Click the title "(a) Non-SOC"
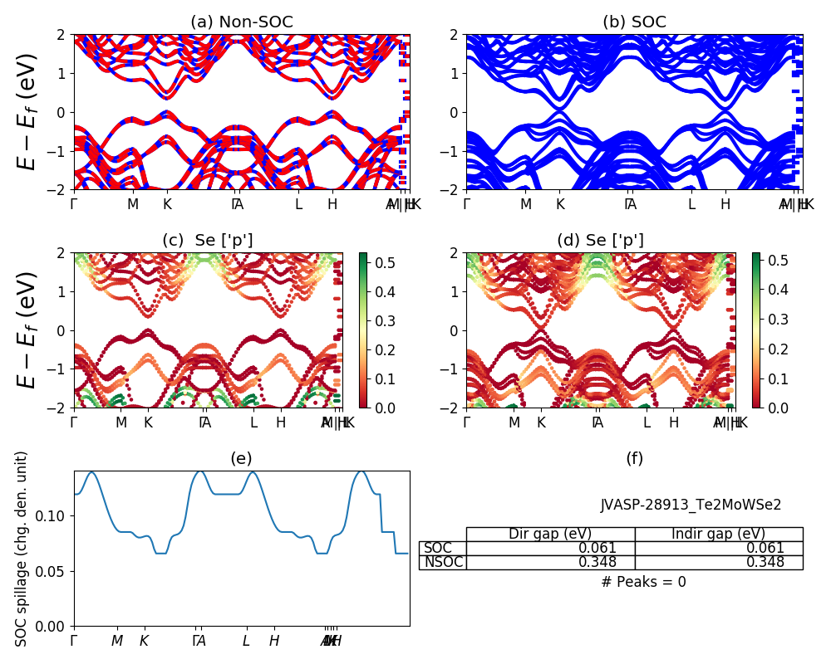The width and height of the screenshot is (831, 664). tap(241, 22)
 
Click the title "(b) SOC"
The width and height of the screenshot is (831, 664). tap(634, 22)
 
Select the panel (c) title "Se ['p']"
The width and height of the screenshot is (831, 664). tap(208, 241)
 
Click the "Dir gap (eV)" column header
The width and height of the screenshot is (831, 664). tap(550, 534)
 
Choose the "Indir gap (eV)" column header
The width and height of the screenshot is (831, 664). tap(718, 534)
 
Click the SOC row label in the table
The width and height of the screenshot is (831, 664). tap(438, 548)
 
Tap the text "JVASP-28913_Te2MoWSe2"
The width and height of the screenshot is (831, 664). tap(691, 505)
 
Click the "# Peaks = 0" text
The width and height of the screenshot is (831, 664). tap(643, 582)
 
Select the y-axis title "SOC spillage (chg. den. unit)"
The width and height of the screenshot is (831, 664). tap(22, 549)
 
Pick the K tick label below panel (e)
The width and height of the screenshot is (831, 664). tap(144, 641)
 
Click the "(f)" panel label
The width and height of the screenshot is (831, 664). tap(634, 459)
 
